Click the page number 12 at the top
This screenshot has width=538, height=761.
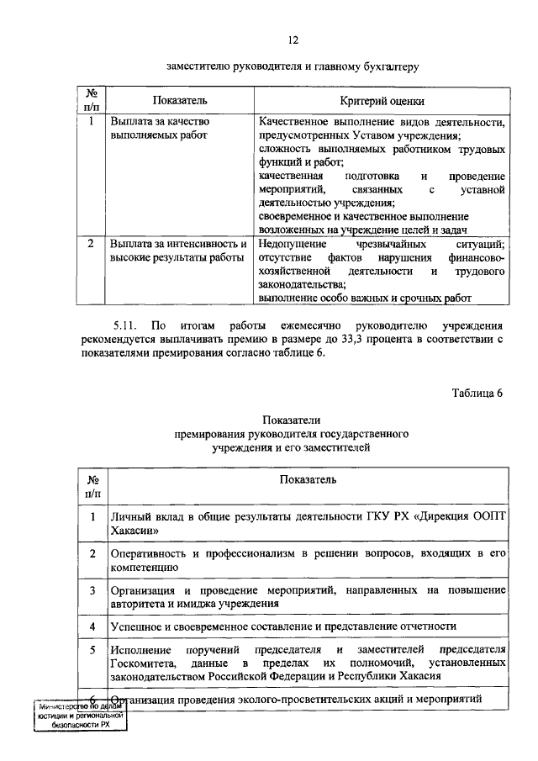[292, 40]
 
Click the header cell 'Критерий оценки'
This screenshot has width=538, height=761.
[382, 101]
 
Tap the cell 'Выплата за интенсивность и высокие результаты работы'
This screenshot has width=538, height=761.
[178, 250]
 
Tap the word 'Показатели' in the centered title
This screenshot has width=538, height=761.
[291, 420]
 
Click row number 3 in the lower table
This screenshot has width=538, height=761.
[92, 590]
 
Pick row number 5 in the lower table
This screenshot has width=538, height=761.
[92, 650]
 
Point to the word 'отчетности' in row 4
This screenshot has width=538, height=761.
[428, 626]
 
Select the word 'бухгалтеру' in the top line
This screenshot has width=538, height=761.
[391, 64]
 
